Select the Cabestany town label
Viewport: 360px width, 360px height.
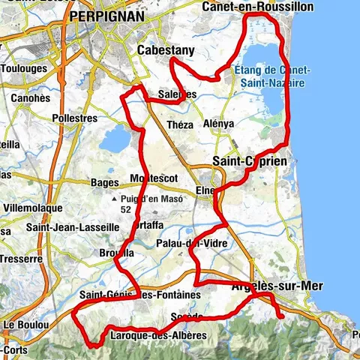click(166, 50)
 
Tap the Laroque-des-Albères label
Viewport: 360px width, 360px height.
click(157, 334)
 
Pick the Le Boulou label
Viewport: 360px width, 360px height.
click(24, 325)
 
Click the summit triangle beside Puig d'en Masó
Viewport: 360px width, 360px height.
click(114, 199)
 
